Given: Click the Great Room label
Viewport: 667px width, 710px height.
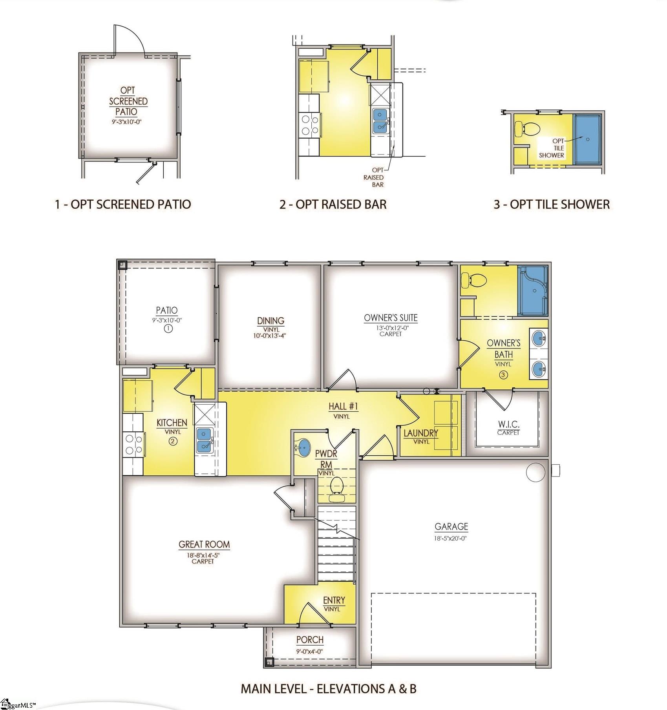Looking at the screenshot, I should click(204, 544).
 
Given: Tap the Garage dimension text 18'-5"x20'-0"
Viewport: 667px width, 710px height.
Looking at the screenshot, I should click(451, 538).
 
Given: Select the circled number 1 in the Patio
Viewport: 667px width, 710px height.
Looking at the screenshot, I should click(168, 329).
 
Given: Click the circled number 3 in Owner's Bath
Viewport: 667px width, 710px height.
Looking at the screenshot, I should click(503, 374).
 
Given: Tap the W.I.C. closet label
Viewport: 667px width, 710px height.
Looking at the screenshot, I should click(509, 424).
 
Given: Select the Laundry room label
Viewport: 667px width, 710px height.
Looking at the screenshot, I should click(421, 433).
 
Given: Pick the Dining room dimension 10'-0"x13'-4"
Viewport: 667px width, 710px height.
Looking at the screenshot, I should click(270, 336).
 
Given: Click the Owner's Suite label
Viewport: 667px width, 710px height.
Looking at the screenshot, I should click(391, 318).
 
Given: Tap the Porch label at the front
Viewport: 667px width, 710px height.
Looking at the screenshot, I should click(310, 640).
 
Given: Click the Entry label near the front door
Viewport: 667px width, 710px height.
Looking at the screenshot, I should click(334, 600).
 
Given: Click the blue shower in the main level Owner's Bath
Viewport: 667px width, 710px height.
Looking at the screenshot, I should click(533, 291).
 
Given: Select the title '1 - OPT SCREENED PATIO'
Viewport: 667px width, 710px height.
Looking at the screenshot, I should click(123, 204).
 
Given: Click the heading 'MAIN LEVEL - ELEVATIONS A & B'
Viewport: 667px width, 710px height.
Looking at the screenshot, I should click(329, 689).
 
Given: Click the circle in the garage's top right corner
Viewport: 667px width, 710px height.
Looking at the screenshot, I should click(536, 471).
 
